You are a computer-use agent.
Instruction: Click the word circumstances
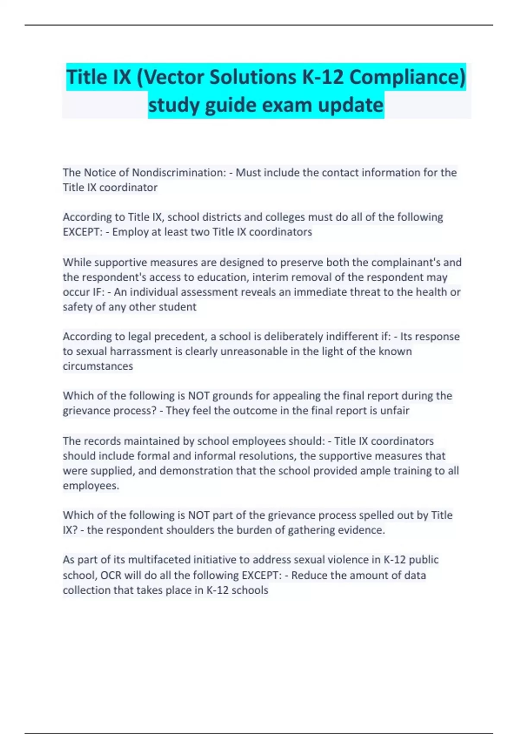point(98,366)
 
